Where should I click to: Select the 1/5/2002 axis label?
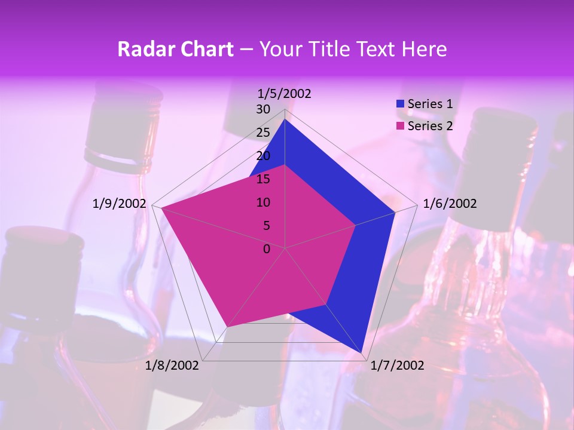click(285, 93)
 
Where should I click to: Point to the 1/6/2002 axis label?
click(450, 204)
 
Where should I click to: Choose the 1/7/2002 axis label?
click(398, 365)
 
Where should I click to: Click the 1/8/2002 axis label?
click(172, 365)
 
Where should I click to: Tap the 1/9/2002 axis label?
click(120, 204)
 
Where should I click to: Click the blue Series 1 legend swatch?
click(400, 105)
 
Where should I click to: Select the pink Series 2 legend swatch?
click(400, 126)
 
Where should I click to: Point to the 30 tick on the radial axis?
click(263, 109)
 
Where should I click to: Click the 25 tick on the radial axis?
click(263, 133)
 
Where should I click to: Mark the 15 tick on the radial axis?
click(263, 179)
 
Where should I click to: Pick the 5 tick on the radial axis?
click(267, 226)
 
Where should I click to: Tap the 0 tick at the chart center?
click(267, 249)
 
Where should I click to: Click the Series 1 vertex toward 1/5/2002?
click(285, 119)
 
